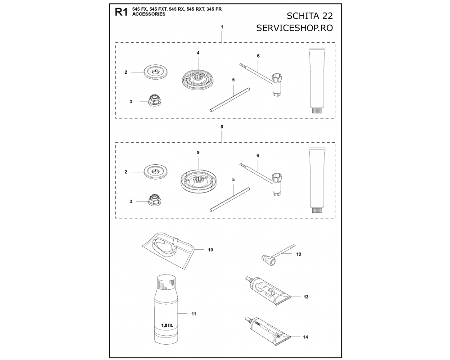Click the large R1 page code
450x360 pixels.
(121, 12)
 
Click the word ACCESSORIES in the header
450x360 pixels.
(148, 14)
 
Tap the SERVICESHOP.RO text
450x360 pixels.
(294, 28)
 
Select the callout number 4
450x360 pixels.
(198, 53)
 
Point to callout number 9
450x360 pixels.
(198, 153)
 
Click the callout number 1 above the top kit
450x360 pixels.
(222, 27)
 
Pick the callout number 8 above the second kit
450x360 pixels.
(222, 126)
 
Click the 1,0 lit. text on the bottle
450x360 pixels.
(169, 325)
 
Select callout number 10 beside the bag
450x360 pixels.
(210, 250)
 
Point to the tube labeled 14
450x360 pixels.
(267, 331)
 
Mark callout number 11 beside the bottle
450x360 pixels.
(193, 314)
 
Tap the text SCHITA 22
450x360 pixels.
(310, 15)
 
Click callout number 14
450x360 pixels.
(306, 337)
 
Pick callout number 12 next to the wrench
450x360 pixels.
(299, 254)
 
